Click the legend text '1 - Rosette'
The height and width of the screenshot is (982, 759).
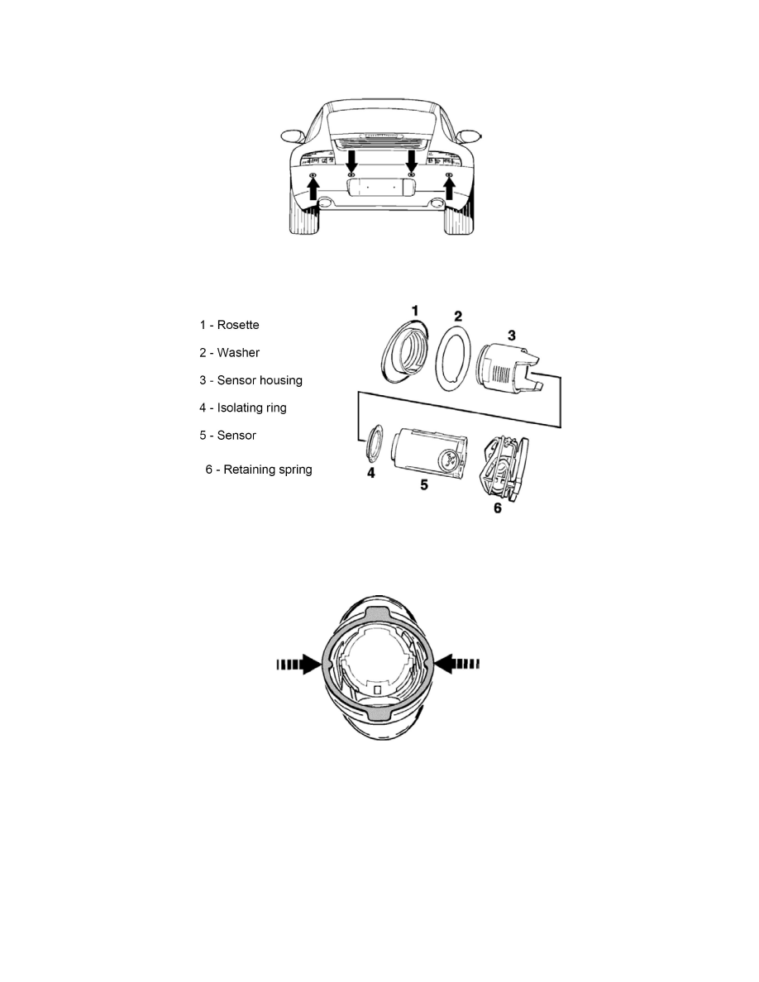pos(229,325)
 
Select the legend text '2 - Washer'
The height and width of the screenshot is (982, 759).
pos(229,353)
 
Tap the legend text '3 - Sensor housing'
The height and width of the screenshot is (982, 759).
pos(251,380)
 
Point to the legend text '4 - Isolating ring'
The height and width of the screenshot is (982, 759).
pos(243,408)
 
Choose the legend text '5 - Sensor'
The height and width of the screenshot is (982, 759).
pos(227,436)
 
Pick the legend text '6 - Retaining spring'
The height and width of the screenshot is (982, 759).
pos(259,470)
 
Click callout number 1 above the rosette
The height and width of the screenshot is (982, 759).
pos(414,311)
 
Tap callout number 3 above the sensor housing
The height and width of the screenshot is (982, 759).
pos(512,335)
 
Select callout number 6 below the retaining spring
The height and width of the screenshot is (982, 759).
pos(498,508)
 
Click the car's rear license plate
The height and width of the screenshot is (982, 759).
pos(374,187)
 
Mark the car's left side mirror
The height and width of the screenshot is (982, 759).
pos(292,136)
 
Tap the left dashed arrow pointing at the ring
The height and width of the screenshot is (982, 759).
pos(298,664)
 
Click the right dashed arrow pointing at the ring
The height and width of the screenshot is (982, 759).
pos(457,663)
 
